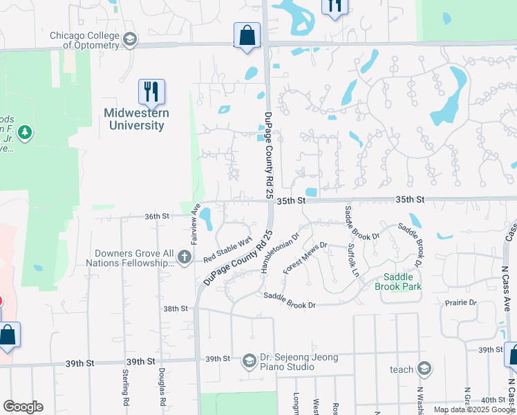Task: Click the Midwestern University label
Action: (135, 119)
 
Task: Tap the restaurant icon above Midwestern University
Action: (151, 91)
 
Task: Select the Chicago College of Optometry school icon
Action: (129, 40)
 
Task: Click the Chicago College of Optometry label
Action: (84, 40)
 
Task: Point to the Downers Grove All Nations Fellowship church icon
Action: (184, 258)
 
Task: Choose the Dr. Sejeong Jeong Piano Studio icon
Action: (249, 361)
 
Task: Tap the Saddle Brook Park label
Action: (398, 282)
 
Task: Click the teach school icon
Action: (424, 369)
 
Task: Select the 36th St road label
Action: (157, 216)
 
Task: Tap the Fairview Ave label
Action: (196, 219)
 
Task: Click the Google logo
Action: (23, 407)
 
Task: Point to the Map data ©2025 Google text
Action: (473, 409)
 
